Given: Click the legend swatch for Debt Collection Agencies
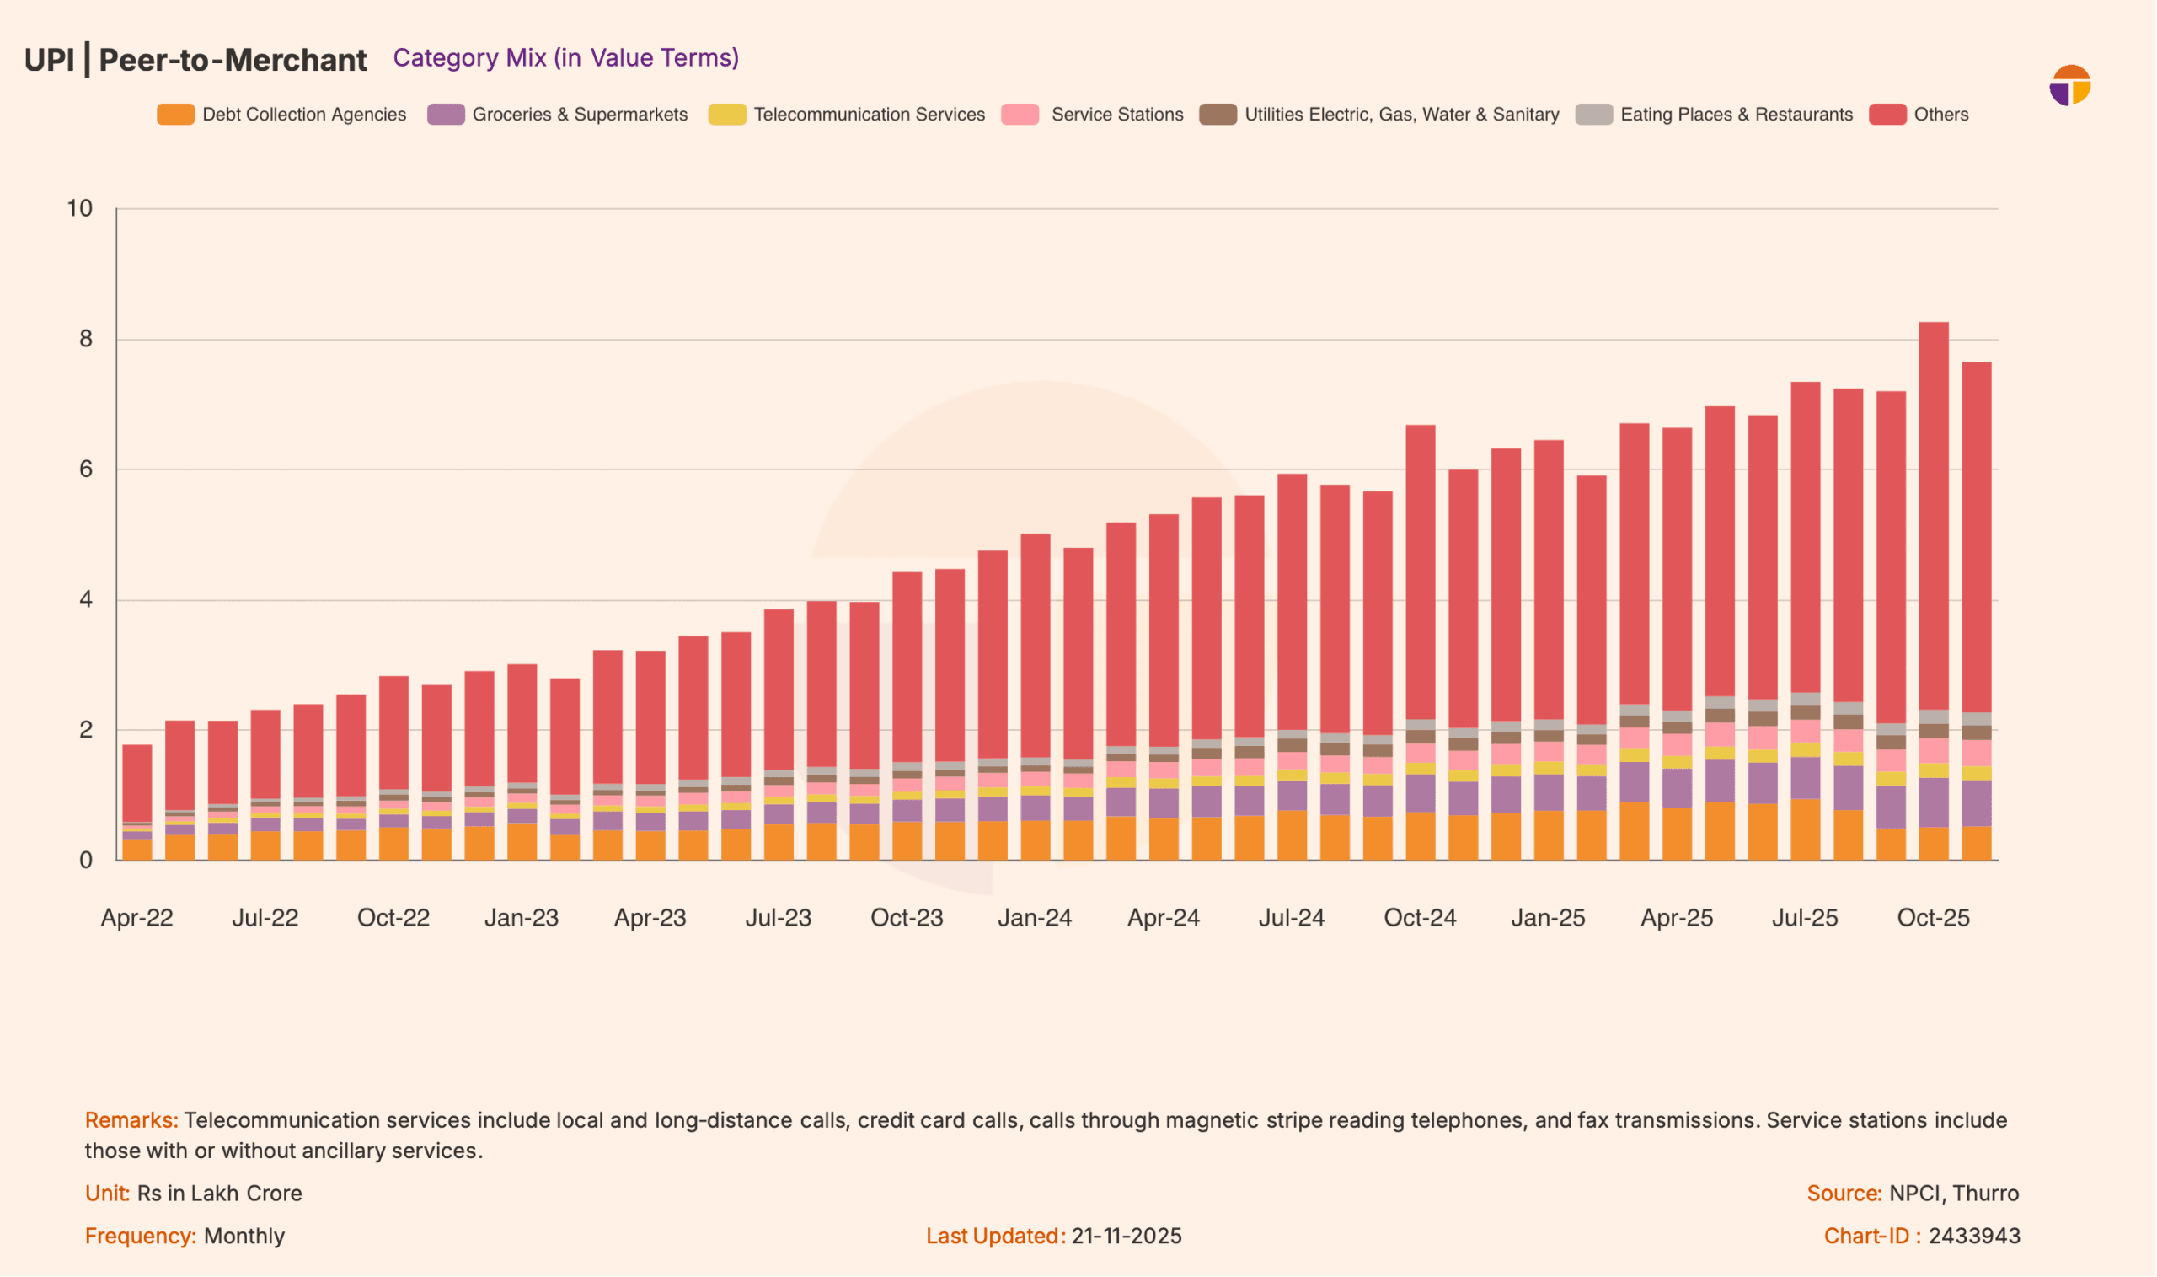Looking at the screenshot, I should pos(175,115).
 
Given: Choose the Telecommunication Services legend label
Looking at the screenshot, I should pos(869,115).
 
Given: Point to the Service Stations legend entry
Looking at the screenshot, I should pos(1116,115).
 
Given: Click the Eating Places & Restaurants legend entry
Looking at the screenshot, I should pos(1736,115).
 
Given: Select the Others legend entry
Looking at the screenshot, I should pos(1940,115).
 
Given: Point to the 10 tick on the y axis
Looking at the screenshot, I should pos(80,208).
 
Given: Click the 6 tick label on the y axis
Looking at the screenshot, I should pos(85,469).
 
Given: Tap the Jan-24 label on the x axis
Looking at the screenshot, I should pos(1035,918).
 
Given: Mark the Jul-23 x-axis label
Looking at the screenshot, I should pos(779,918).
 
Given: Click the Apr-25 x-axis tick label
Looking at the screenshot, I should pos(1677,918).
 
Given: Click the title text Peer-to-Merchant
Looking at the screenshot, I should pos(233,60).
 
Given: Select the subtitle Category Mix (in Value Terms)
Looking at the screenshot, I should pos(566,57).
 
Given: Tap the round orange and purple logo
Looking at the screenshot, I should pos(2070,85).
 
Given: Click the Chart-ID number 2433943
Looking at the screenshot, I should pos(1974,1237).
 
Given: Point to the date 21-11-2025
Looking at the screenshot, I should pos(1127,1237).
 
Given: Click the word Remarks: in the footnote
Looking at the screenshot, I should pos(131,1120).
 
